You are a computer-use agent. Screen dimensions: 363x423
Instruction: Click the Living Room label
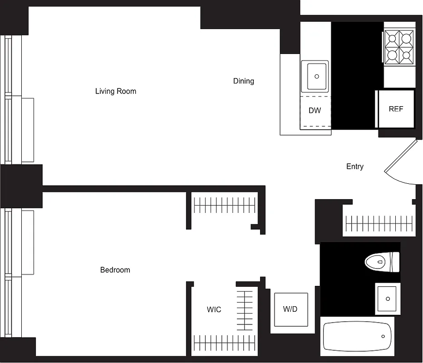[115, 91]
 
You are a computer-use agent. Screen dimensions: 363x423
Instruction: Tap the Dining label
[244, 81]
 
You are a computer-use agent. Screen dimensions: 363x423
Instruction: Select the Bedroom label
[115, 270]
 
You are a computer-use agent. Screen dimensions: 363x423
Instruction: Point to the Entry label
[354, 167]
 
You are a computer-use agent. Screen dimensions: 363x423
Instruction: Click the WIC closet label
[214, 309]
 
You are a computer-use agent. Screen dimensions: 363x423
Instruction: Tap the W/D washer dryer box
[290, 309]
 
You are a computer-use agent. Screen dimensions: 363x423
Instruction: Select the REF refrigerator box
[396, 109]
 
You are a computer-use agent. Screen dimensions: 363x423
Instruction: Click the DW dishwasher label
[315, 111]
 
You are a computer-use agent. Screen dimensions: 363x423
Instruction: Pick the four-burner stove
[399, 47]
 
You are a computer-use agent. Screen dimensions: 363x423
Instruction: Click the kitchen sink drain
[317, 77]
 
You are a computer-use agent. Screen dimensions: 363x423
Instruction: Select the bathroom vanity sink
[388, 299]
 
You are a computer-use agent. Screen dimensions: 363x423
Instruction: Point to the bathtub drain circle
[384, 336]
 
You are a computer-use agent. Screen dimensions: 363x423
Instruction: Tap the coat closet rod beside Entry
[379, 223]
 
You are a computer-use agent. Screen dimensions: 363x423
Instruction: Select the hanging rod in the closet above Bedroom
[225, 206]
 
